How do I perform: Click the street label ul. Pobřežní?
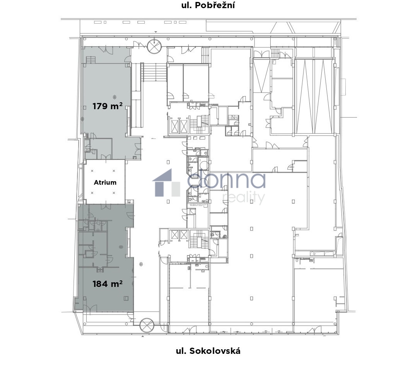[x=208, y=5]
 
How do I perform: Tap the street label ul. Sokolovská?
[x=208, y=351]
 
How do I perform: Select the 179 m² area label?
[x=107, y=106]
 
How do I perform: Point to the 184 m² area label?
[x=107, y=284]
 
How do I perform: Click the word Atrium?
[x=105, y=182]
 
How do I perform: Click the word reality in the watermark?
[x=243, y=197]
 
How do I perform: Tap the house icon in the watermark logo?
[x=166, y=183]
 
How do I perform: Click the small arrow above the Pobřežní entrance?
[x=156, y=32]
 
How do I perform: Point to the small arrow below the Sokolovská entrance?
[x=143, y=336]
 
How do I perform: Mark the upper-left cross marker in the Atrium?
[x=92, y=171]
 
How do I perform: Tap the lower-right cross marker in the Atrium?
[x=114, y=193]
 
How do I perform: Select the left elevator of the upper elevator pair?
[x=175, y=126]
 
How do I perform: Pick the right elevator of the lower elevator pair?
[x=184, y=235]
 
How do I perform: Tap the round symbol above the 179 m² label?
[x=115, y=96]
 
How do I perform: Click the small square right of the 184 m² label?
[x=126, y=298]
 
